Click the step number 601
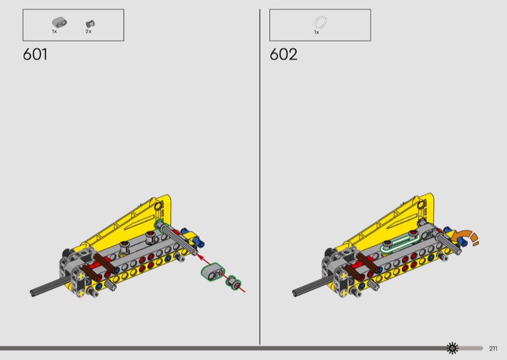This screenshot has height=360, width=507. tap(35, 54)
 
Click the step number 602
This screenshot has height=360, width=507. tap(283, 54)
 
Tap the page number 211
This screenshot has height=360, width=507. tap(493, 349)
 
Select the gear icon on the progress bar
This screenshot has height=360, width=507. tap(452, 348)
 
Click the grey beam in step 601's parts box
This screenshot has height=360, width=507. tap(60, 22)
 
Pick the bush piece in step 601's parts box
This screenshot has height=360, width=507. tap(90, 23)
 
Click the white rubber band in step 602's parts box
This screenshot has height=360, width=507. tap(320, 23)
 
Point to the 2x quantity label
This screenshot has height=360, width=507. tap(89, 32)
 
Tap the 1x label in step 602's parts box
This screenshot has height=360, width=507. tap(316, 32)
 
